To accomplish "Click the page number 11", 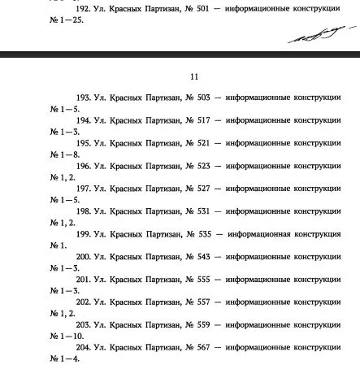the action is tap(193, 77).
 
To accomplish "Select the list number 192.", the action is tap(84, 11).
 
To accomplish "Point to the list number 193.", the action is tap(84, 98).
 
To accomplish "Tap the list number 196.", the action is tap(84, 166).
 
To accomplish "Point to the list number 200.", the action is tap(84, 257).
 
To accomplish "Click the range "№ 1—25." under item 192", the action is tap(67, 22).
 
